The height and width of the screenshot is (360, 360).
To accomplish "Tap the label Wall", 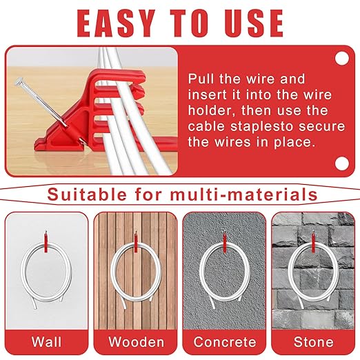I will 47,342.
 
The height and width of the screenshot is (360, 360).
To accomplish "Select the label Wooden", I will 136,342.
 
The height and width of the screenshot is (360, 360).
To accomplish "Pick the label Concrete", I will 224,342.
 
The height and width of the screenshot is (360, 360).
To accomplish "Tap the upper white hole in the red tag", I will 341,59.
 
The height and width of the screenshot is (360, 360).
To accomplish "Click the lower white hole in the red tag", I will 341,163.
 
